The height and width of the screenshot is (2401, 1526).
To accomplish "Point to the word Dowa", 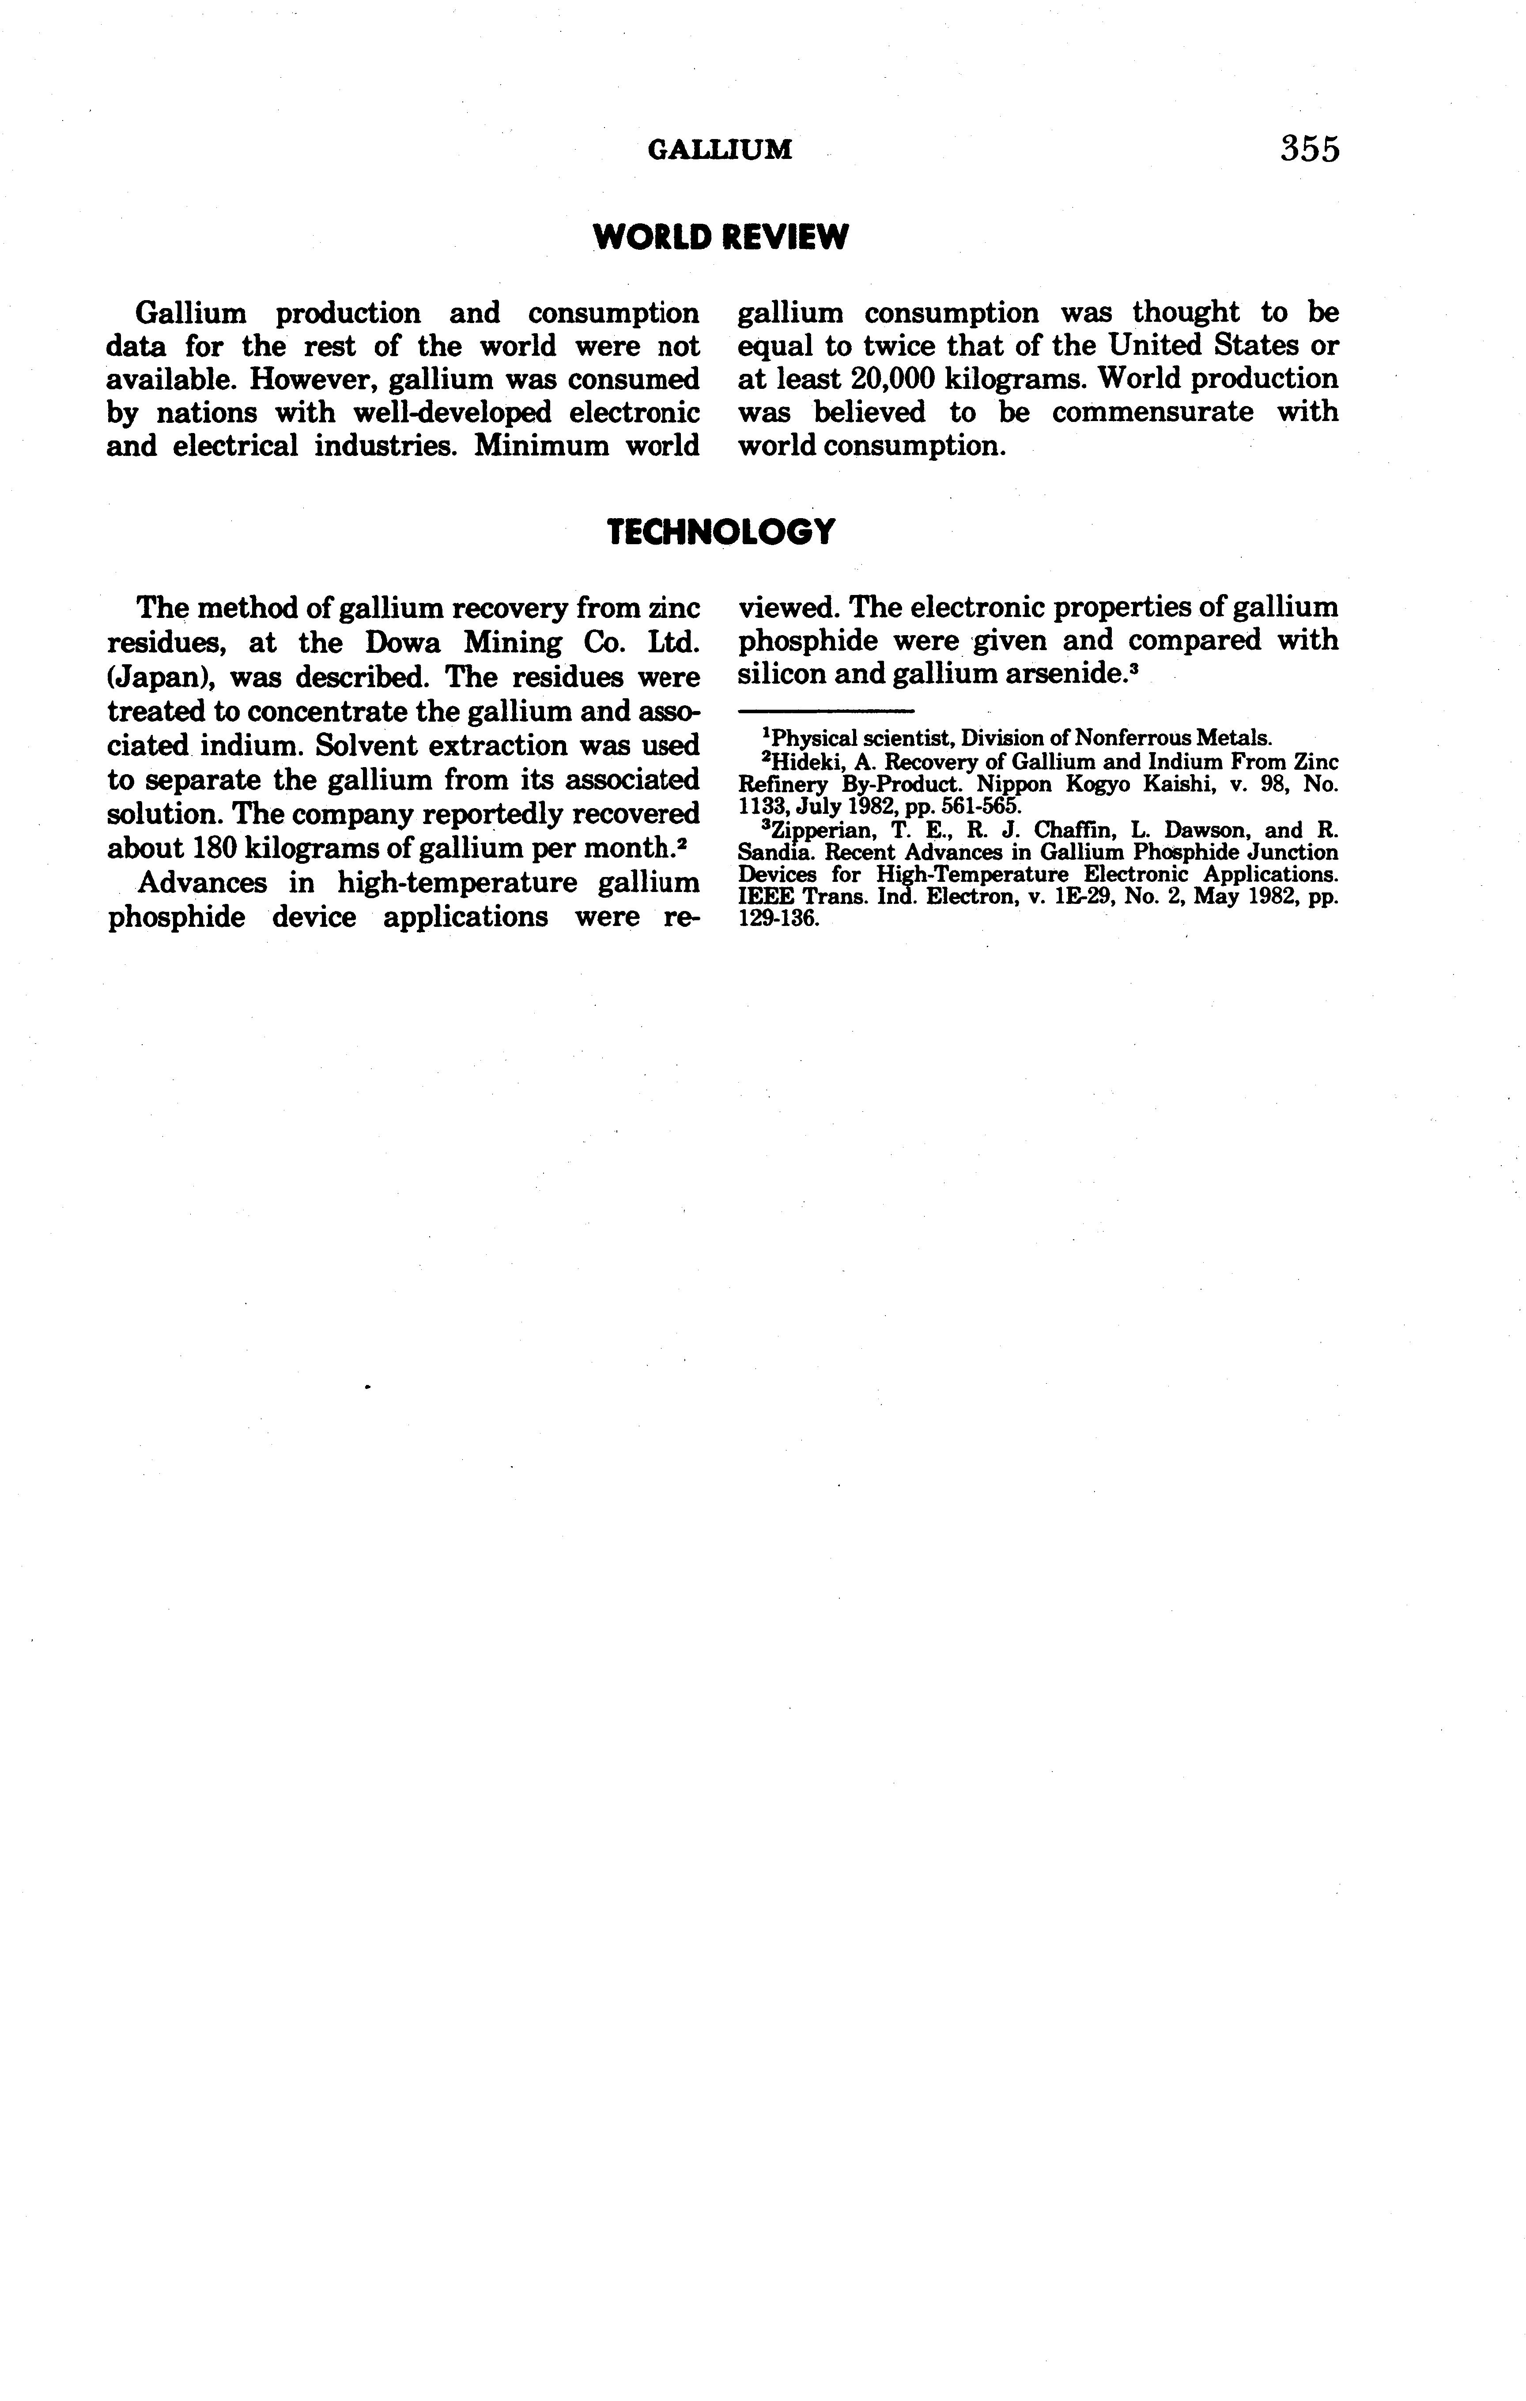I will [x=403, y=642].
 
